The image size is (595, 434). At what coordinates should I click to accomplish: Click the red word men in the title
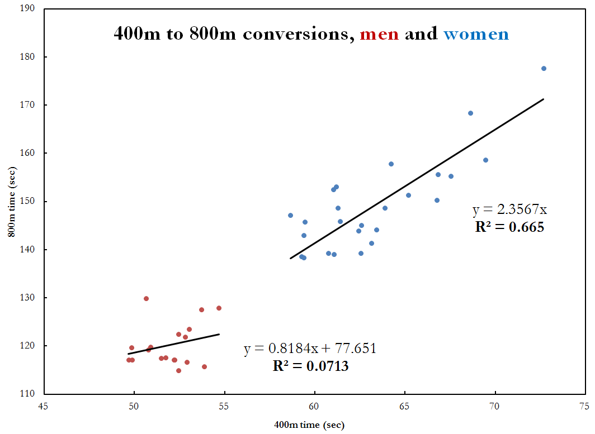coord(379,34)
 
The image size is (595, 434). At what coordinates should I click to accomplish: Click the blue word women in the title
coord(476,34)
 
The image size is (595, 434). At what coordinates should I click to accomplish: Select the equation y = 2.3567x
coord(509,209)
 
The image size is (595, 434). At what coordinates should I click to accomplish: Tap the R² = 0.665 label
coord(509,227)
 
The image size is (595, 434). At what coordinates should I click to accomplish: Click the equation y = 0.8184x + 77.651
coord(310,349)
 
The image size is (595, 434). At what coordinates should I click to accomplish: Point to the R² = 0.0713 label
coord(310,366)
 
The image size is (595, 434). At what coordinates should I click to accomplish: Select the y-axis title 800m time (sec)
coord(11,201)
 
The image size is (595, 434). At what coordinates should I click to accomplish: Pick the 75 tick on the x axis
coord(585,406)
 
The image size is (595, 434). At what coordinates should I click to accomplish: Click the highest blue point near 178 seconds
coord(544,68)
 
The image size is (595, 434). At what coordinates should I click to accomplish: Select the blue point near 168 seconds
coord(470,113)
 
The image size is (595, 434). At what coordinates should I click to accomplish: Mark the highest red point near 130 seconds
coord(146,298)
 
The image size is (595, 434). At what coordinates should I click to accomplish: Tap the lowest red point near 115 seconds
coord(178,370)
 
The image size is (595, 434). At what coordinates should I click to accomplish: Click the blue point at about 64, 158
coord(391,164)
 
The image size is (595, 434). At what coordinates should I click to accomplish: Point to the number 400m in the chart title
coord(136,34)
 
